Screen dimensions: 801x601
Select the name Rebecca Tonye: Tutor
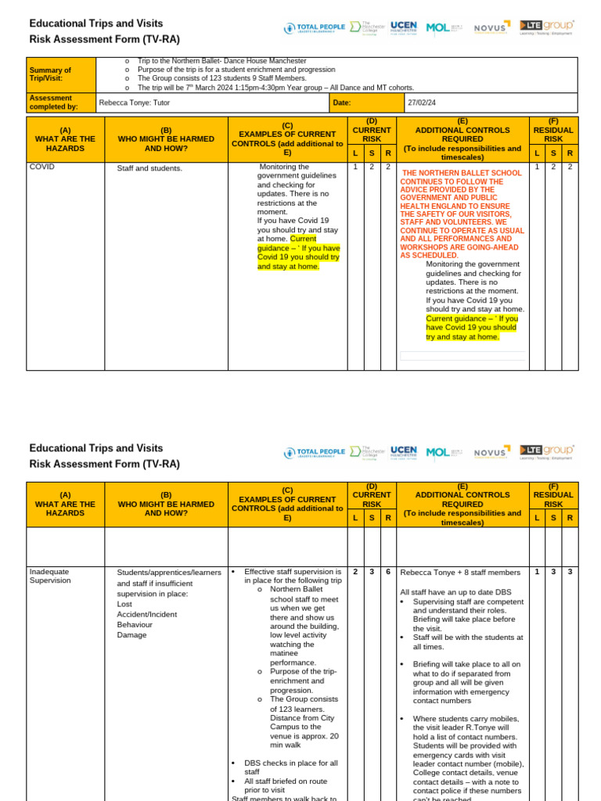(136, 102)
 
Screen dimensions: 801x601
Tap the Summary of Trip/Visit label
(51, 74)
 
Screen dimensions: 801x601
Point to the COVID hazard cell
(41, 167)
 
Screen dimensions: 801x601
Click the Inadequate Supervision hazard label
(49, 576)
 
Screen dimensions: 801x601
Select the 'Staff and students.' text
(149, 168)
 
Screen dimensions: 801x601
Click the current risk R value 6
(388, 572)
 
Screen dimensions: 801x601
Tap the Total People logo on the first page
(314, 27)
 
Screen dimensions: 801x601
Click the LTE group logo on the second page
(546, 451)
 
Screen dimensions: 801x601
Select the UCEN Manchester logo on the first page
(403, 27)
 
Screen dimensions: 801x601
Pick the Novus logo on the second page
(491, 451)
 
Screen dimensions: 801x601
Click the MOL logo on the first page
(444, 27)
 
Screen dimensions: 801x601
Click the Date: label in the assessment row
(342, 102)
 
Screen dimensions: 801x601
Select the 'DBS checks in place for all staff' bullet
(290, 767)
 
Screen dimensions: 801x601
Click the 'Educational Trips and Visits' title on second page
(96, 448)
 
